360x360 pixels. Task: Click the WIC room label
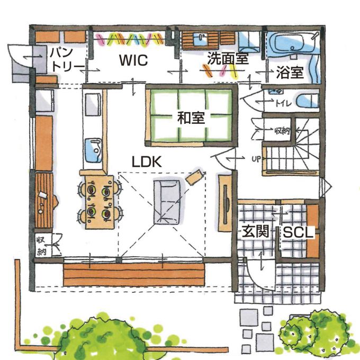coord(133,60)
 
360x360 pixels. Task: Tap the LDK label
coord(147,161)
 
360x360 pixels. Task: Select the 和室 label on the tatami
coord(191,118)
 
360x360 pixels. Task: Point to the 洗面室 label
coord(228,58)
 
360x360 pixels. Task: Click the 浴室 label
coord(290,72)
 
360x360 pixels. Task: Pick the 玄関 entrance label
coord(255,231)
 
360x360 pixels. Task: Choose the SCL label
coord(298,232)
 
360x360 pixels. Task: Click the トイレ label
coord(283,104)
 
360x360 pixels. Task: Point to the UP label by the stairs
coord(256,159)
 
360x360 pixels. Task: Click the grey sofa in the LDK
coord(167,202)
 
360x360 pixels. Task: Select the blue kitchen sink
coord(94,150)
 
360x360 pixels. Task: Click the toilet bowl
coord(308,101)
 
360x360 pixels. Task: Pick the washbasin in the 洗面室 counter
coord(200,40)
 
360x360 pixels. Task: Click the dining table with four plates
coord(100,202)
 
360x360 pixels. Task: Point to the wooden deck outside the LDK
coord(134,274)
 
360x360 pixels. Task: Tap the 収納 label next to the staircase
coord(282,131)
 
